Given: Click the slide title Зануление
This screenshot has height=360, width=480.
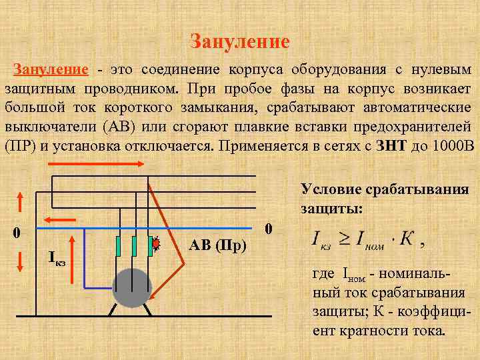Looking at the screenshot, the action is click(240, 42).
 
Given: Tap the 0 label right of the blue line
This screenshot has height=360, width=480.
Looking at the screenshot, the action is click(268, 228).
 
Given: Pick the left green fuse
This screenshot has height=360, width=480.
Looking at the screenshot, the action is click(118, 245).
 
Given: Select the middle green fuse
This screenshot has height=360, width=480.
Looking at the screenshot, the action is click(134, 245).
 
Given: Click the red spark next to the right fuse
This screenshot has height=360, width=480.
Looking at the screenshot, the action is click(157, 243).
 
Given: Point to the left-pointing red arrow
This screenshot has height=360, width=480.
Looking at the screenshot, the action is click(59, 219).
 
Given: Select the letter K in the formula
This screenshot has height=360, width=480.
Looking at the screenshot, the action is click(405, 239).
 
